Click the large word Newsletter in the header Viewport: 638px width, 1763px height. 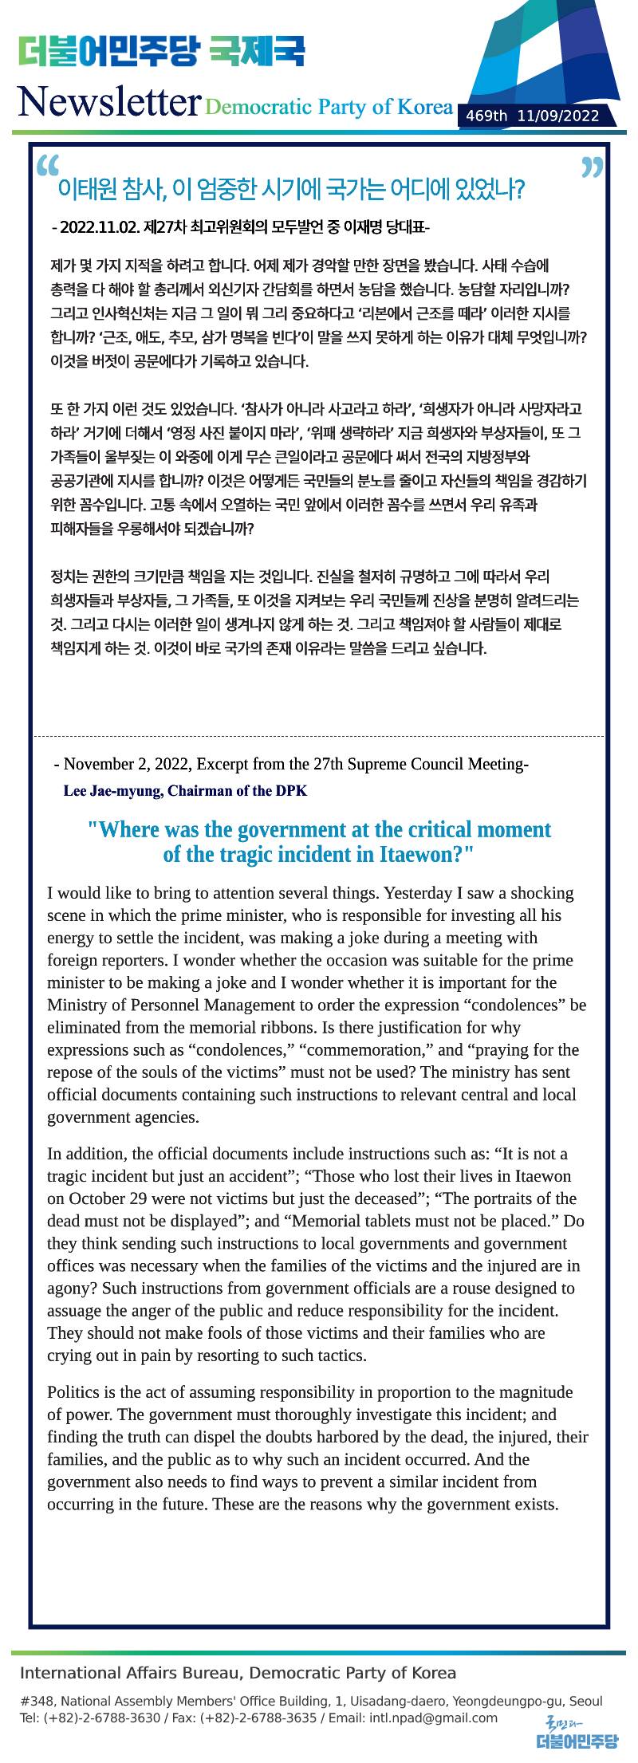point(108,102)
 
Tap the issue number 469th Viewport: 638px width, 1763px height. point(486,116)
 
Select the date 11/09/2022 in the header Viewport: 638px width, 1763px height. point(557,116)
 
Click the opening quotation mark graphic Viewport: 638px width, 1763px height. point(48,164)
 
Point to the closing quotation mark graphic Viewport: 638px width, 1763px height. point(592,167)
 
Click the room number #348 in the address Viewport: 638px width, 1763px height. point(37,1701)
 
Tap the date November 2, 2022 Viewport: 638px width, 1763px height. point(128,764)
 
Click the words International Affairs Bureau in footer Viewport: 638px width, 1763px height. point(128,1672)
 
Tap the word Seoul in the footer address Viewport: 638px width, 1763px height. point(586,1701)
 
